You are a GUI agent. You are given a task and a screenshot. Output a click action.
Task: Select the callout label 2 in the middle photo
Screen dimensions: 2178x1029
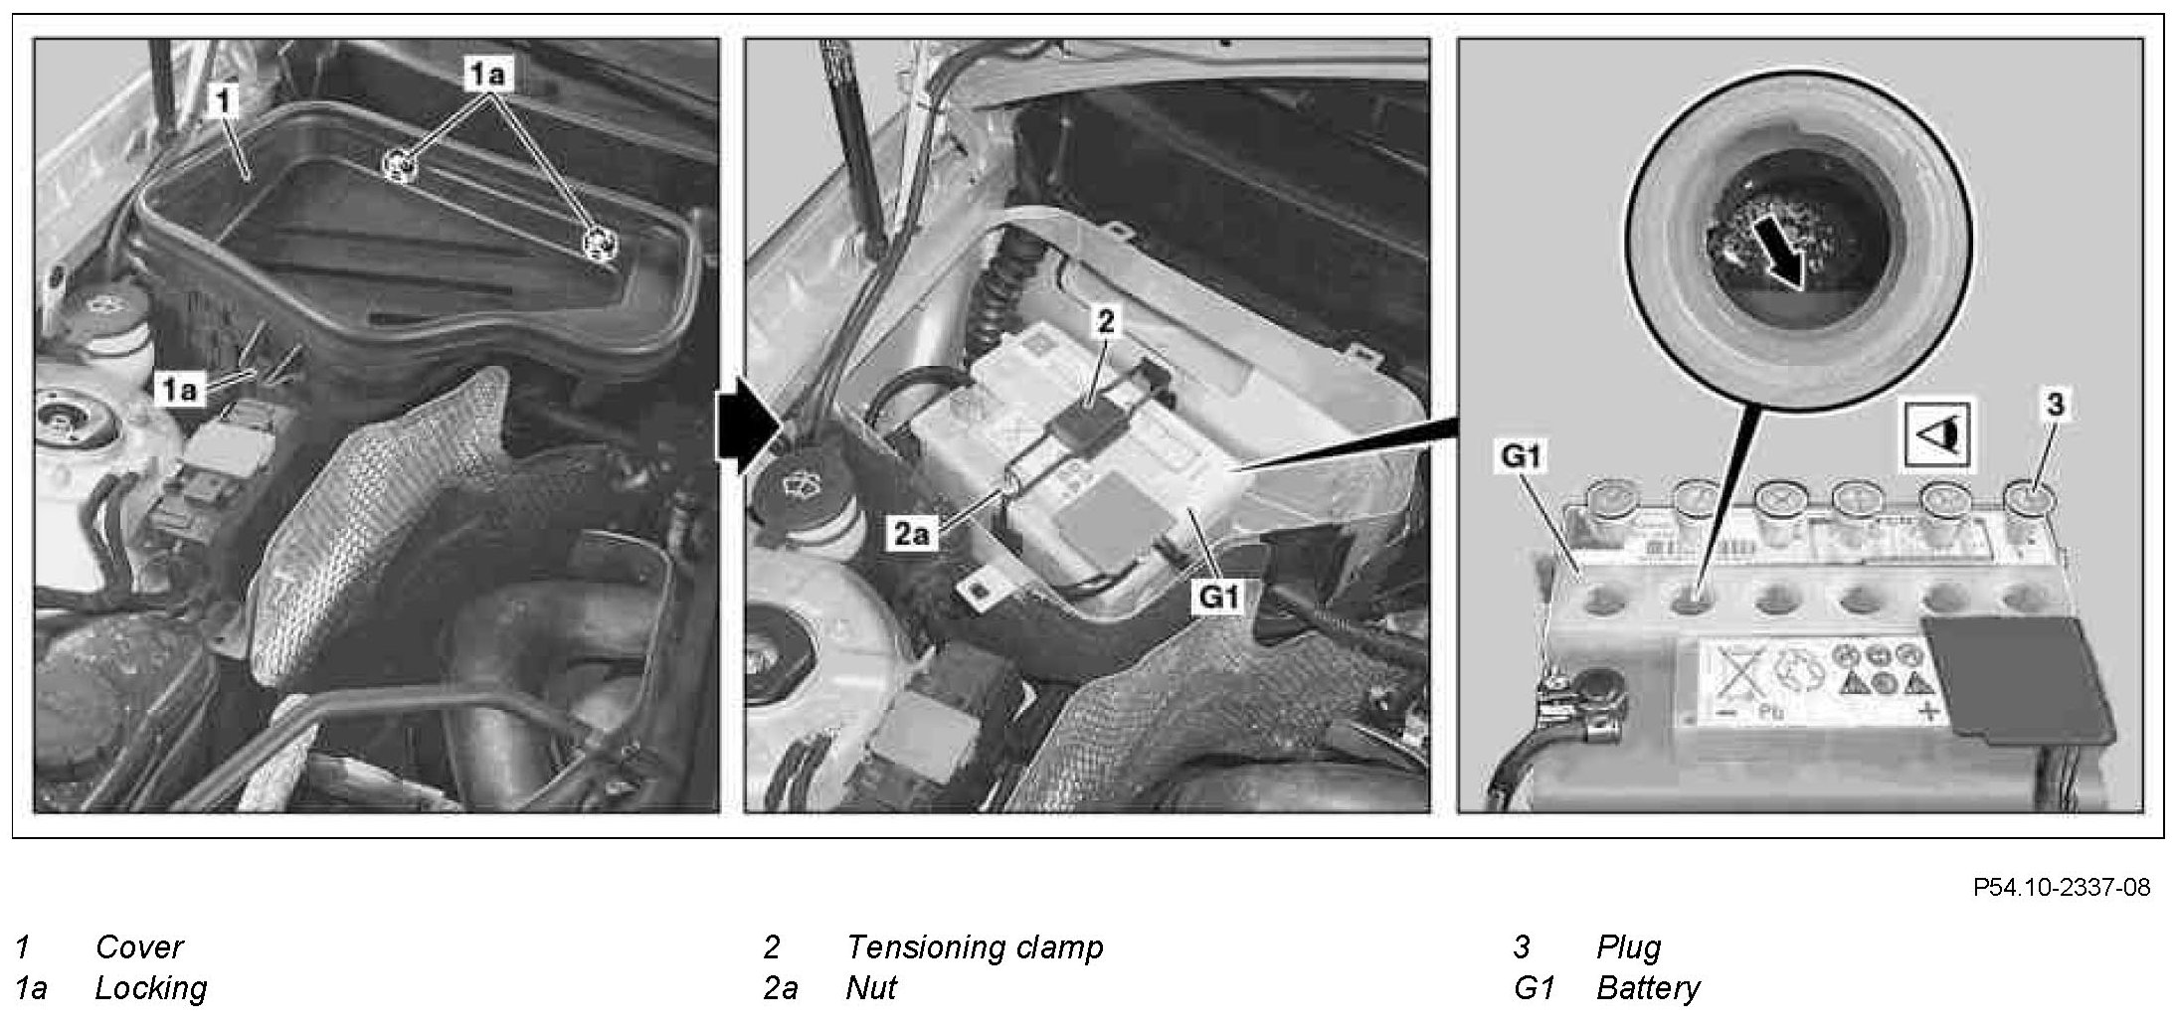(x=1106, y=320)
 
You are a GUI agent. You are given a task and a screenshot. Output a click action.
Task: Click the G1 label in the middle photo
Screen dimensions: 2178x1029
(x=1218, y=597)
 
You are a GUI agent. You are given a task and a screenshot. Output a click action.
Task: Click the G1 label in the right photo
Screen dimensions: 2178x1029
(x=1521, y=456)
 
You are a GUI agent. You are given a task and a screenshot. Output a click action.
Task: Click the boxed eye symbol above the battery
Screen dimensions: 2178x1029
(x=1939, y=434)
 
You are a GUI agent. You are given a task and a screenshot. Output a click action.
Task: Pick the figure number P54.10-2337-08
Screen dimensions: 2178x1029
(x=2062, y=887)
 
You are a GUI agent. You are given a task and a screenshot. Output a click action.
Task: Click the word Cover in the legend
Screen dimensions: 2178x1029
(x=139, y=946)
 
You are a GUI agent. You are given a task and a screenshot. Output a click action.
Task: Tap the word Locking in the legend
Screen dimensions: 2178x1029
(x=151, y=988)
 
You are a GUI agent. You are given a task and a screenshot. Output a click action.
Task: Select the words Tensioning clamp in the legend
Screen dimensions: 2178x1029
(x=975, y=947)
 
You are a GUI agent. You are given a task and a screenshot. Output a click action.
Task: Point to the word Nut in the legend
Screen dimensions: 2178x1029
(x=871, y=988)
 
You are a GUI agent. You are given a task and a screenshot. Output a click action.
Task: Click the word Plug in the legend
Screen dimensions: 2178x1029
(x=1629, y=947)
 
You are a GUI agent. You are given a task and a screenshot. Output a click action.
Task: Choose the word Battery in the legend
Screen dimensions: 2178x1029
(x=1648, y=988)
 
